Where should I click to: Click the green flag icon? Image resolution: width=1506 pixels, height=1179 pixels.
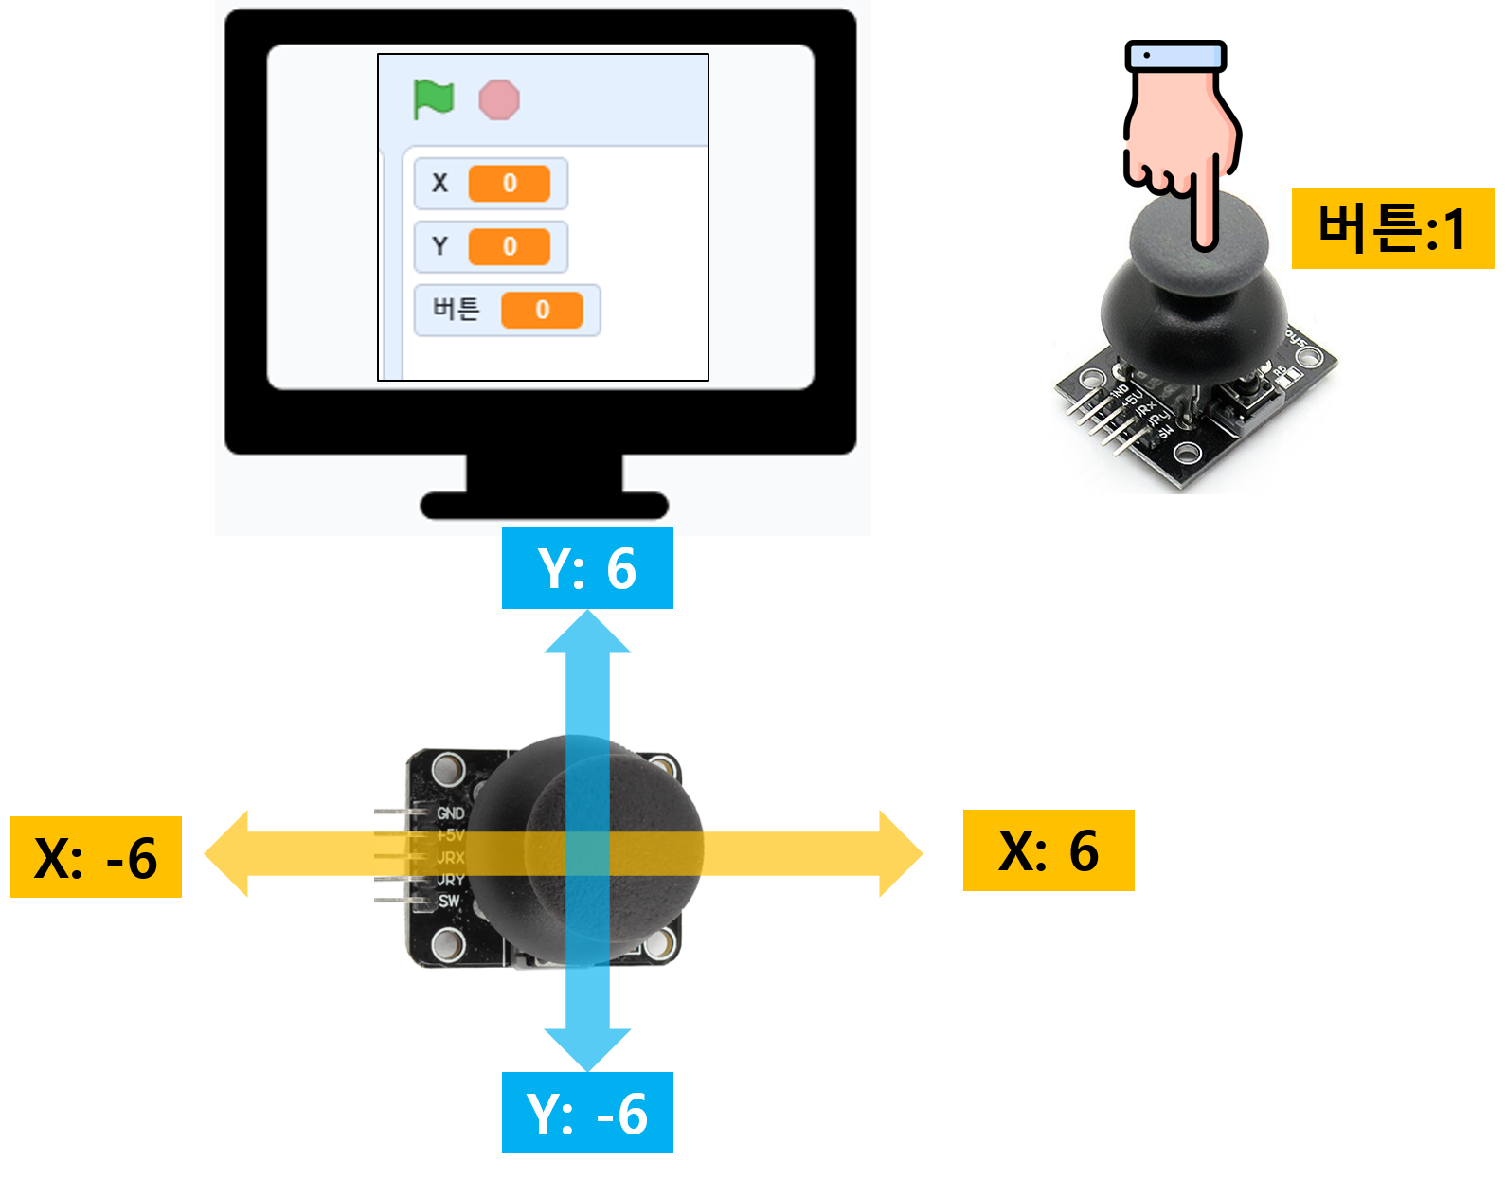(434, 98)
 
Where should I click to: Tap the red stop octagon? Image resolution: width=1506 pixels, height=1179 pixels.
(499, 99)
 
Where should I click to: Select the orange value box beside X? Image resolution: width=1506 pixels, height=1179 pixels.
(510, 184)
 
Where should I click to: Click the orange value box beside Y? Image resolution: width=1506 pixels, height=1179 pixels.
(510, 247)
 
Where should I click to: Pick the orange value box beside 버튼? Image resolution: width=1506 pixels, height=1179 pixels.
(542, 311)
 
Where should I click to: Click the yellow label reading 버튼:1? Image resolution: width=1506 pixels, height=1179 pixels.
(1392, 228)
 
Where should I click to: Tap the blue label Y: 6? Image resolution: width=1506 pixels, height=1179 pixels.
(587, 568)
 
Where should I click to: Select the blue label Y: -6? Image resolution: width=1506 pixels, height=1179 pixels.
(587, 1113)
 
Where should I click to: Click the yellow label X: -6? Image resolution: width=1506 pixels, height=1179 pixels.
(96, 857)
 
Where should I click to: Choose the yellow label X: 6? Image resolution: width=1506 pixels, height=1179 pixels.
(1049, 850)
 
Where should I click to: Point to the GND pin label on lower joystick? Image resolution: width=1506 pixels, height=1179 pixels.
(451, 813)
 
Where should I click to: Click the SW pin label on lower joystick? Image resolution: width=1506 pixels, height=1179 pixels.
(449, 901)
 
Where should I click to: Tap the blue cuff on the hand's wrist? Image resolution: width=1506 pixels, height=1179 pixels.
(1175, 57)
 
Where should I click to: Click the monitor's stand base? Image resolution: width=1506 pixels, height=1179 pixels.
(544, 506)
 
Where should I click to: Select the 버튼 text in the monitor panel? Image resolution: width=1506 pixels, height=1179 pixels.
(457, 309)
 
